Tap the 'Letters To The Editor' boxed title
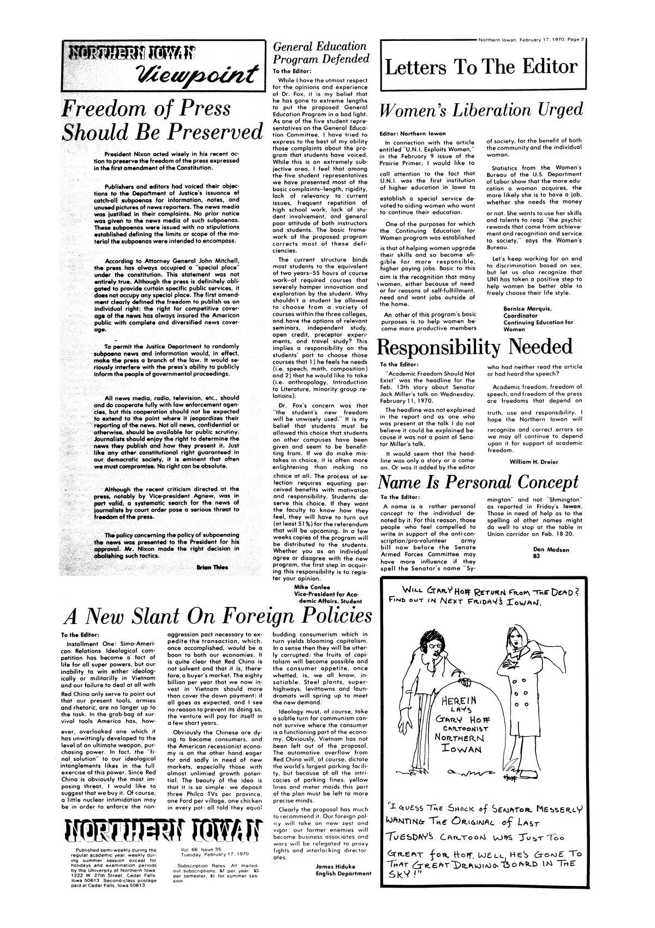coord(481,67)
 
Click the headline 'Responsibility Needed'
coord(475,347)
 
